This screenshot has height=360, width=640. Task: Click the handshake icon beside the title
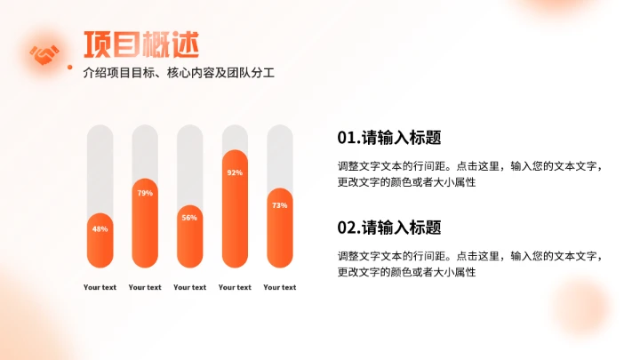[44, 54]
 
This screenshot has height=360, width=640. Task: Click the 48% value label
[100, 228]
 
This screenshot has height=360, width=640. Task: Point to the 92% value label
[235, 172]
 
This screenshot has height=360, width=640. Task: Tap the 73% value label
[279, 205]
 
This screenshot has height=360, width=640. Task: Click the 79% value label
[145, 193]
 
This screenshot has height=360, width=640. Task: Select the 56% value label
[189, 217]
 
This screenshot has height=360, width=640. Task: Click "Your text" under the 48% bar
[100, 287]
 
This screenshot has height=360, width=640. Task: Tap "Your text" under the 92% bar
[235, 287]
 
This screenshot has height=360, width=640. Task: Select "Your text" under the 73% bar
[279, 287]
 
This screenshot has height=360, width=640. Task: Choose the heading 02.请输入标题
[389, 227]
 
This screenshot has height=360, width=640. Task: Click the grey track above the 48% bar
[100, 169]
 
